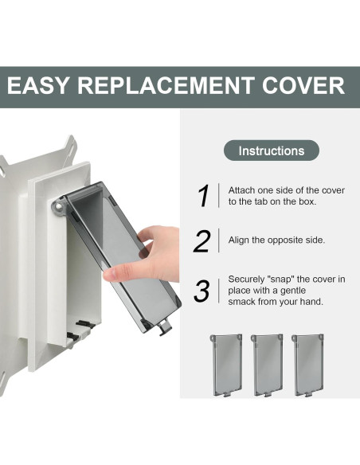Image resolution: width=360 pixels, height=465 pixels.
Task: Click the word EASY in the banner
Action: pos(37,86)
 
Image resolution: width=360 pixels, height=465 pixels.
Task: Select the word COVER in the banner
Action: pos(303,86)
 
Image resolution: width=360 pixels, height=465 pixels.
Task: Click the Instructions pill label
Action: pos(272,150)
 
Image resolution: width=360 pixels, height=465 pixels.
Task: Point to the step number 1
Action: pos(203,196)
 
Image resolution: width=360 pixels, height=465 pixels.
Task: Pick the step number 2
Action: pos(202,241)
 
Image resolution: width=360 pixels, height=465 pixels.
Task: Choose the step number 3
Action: pos(202,291)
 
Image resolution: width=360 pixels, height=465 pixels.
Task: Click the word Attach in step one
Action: pos(241,190)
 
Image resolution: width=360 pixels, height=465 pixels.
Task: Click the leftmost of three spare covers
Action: pos(226,365)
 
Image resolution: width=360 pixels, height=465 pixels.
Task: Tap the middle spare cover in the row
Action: pos(267,365)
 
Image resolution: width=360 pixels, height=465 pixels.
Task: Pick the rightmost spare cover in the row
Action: pos(307,365)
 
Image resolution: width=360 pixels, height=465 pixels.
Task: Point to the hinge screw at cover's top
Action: pos(59,205)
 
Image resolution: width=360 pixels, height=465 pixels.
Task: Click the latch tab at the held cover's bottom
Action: pos(165,327)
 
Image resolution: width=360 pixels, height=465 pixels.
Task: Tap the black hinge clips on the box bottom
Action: pos(80,330)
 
